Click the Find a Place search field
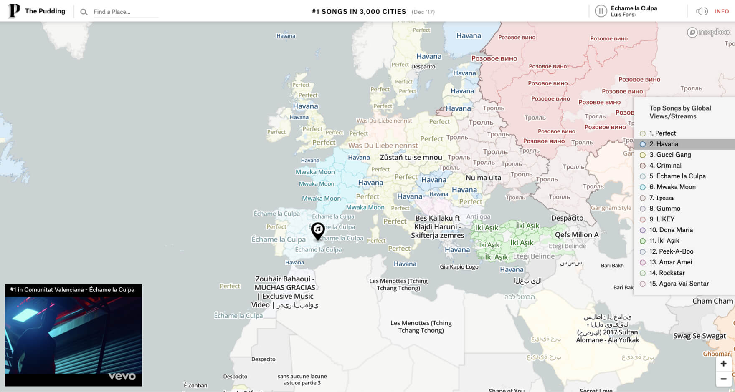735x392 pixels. tap(125, 12)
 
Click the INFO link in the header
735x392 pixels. tap(721, 11)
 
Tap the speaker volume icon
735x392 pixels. tap(702, 11)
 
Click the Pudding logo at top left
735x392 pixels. tap(14, 11)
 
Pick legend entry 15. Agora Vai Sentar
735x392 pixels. tap(679, 284)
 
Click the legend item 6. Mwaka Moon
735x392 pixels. tap(672, 187)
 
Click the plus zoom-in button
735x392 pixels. tap(723, 364)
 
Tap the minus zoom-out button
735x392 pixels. tap(723, 379)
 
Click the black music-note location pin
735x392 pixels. tap(318, 230)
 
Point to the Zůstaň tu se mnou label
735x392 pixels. tap(411, 158)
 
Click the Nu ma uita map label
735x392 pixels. tap(483, 178)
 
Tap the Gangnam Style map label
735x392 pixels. tap(611, 208)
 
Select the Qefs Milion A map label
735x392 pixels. tap(577, 235)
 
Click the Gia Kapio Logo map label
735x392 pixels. tap(459, 267)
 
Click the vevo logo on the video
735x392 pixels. tap(122, 377)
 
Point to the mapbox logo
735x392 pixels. tap(709, 32)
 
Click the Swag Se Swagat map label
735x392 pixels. tap(700, 336)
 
